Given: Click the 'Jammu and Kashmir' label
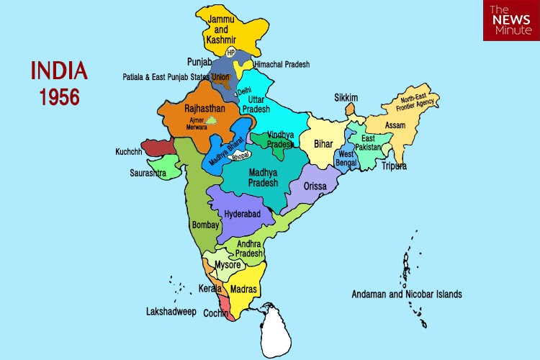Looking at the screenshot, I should pos(222,30).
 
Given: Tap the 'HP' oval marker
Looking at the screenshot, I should pos(231,53).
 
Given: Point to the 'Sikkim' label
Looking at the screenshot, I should pos(346,97).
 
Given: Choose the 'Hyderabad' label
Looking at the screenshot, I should pos(243,214).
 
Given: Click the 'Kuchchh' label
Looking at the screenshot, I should pos(129,152).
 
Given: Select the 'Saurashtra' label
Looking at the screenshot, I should pos(148,173).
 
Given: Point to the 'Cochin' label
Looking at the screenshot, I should pos(216,314).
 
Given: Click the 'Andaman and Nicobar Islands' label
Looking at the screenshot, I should pos(407,294).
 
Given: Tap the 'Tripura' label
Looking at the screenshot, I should pos(394,166).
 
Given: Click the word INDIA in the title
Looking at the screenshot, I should pos(59,71).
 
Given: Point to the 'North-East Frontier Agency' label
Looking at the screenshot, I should pos(418,104).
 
